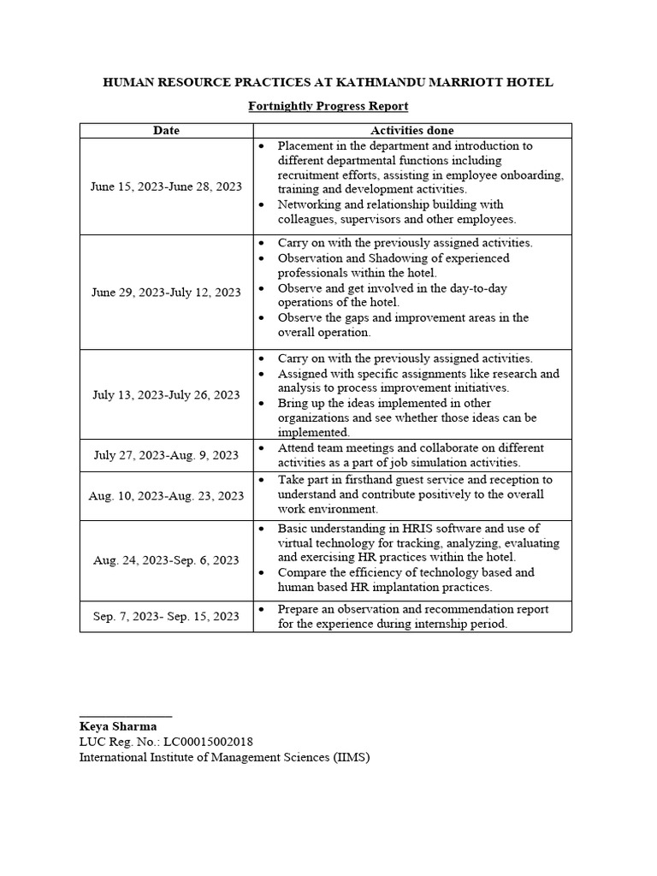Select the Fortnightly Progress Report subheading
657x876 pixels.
coord(328,106)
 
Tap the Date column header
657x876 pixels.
coord(166,130)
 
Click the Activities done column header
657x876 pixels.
coord(411,130)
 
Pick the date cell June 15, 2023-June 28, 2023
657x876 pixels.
coord(166,186)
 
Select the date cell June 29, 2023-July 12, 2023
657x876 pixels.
coord(166,293)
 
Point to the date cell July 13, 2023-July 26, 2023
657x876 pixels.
coord(166,395)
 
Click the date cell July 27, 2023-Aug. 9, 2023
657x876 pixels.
coord(166,456)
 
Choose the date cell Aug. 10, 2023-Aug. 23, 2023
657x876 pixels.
coord(166,495)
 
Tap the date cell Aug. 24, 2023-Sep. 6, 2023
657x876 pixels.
coord(166,560)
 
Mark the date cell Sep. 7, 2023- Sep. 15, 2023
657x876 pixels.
coord(166,616)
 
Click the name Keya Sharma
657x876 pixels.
coord(118,726)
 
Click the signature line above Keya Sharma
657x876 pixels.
coord(125,715)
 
